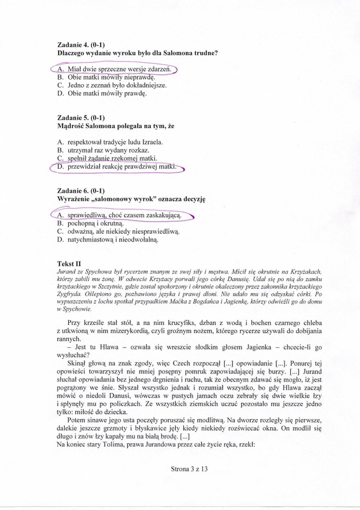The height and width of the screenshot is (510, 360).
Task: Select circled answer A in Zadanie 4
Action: tap(115, 69)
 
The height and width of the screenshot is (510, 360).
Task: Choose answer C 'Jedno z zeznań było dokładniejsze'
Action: tap(117, 85)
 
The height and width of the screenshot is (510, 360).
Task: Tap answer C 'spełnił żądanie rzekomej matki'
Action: tap(107, 158)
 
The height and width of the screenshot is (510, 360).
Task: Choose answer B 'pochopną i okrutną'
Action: tap(94, 224)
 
